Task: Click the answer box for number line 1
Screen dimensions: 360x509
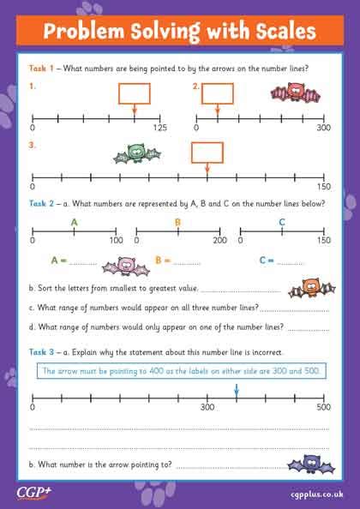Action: (x=134, y=93)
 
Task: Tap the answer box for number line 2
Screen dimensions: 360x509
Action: (x=217, y=93)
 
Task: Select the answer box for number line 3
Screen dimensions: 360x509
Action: (x=207, y=153)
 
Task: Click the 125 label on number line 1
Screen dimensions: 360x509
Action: (x=160, y=129)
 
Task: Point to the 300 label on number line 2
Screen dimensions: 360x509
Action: (x=323, y=129)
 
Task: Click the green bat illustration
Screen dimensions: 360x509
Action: (x=138, y=154)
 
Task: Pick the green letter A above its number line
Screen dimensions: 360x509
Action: (x=75, y=222)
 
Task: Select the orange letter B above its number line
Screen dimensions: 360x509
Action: (x=177, y=222)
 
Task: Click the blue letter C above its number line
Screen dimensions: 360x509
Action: (x=282, y=222)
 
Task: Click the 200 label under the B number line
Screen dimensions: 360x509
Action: (x=219, y=241)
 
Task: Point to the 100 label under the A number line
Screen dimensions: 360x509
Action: (x=117, y=241)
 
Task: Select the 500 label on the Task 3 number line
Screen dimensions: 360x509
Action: (x=323, y=408)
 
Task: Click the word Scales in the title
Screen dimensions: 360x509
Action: (x=276, y=33)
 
